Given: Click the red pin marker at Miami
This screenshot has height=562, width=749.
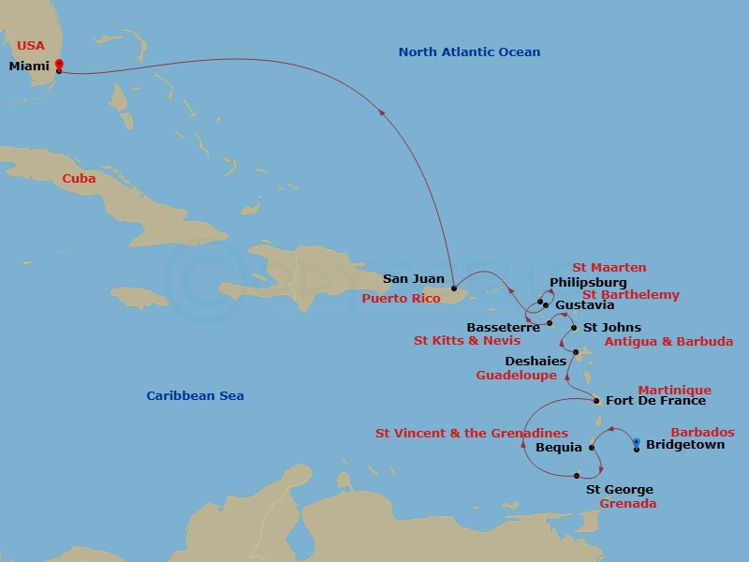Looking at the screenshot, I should (x=59, y=65).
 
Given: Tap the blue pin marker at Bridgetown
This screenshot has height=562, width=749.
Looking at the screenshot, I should (x=637, y=443).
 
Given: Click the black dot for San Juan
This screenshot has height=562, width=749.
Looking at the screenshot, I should (x=453, y=288).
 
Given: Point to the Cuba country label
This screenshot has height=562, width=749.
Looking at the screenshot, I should (x=79, y=178).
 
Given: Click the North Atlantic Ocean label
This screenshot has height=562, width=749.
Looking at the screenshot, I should (x=469, y=52).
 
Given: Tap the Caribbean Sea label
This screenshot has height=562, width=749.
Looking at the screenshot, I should (x=195, y=396).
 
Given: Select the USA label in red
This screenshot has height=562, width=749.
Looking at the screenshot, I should (x=30, y=45).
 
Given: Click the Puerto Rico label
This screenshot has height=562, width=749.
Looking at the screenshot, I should (x=401, y=299).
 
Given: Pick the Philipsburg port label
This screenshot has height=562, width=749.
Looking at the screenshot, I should (x=588, y=282).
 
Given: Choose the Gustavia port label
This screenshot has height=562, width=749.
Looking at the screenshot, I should (x=585, y=305).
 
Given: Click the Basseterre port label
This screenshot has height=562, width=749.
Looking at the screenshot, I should (x=504, y=328).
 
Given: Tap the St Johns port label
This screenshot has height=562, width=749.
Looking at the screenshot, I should (x=612, y=328).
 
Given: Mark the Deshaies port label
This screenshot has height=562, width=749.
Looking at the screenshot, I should (x=536, y=361).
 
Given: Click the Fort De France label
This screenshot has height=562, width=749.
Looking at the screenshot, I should (x=656, y=401).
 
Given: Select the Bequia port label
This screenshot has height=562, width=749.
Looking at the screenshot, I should (x=559, y=448).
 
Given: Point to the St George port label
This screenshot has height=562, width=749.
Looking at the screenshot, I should (x=620, y=490).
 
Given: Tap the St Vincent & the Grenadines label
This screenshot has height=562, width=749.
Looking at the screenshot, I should (x=472, y=434).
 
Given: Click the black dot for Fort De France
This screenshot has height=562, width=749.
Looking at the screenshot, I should (x=597, y=401).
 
